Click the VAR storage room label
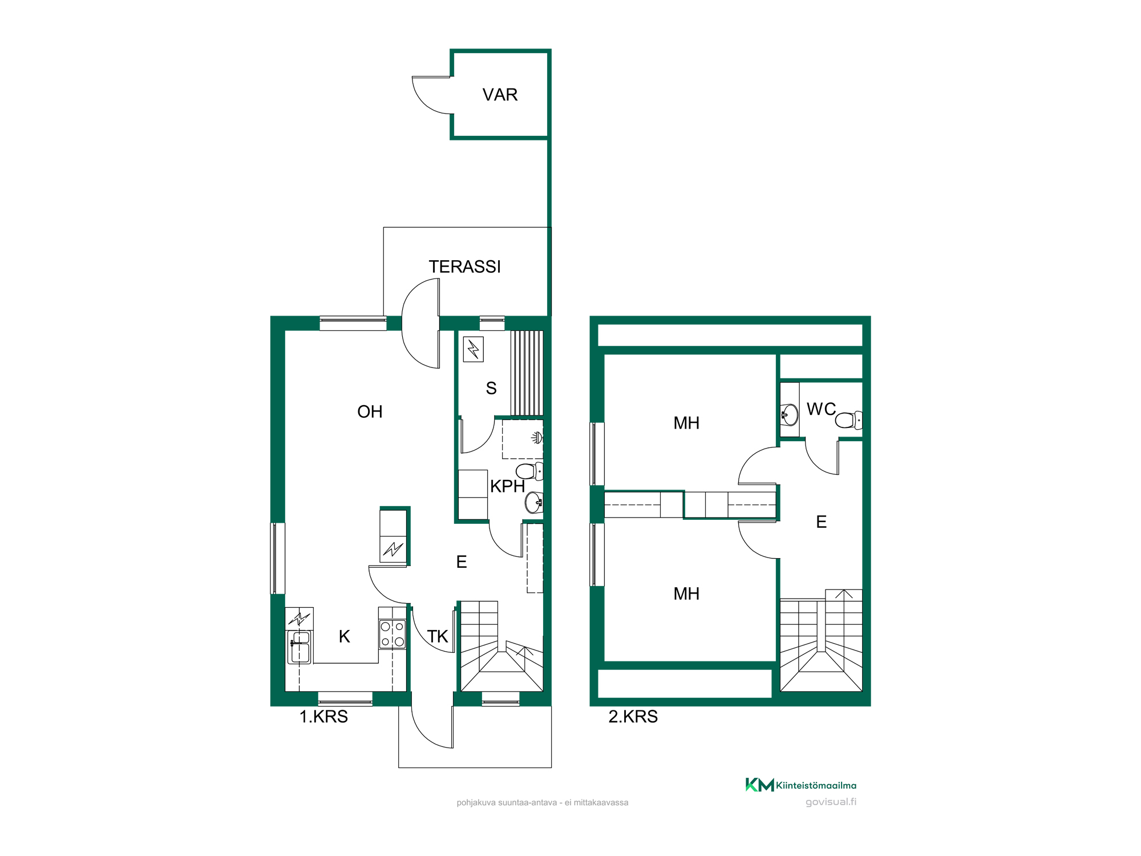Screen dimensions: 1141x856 [500, 95]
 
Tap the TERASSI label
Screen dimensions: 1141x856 [464, 267]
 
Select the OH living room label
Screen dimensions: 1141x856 [370, 411]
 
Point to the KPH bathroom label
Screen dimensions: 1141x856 [507, 486]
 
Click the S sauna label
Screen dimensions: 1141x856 [491, 388]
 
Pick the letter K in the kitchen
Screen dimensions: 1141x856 [344, 636]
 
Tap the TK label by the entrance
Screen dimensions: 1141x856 [438, 636]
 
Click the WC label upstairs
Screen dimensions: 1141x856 [821, 409]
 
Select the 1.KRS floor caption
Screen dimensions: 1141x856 [323, 716]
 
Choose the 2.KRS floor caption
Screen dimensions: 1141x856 [633, 716]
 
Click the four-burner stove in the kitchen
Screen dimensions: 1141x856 [393, 634]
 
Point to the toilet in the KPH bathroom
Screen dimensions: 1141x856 [529, 471]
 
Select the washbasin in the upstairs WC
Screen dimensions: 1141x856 [790, 415]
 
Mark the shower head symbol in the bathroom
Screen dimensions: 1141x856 [537, 438]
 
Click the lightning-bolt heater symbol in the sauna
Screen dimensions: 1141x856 [474, 349]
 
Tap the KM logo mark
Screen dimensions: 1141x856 [759, 785]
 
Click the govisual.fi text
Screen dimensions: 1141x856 [831, 802]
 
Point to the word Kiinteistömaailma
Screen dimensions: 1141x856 [816, 786]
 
